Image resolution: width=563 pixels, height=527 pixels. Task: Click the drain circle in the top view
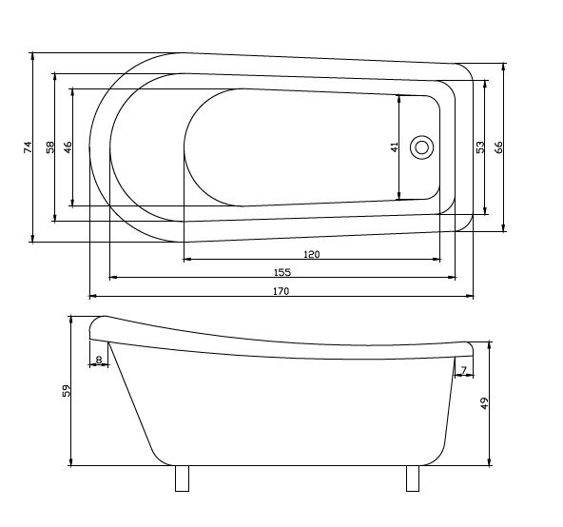[x=422, y=147]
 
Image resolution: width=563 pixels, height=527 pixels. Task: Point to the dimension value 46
[x=67, y=147]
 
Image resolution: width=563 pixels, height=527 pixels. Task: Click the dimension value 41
[x=393, y=147]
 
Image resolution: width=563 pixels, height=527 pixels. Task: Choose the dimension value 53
[x=480, y=147]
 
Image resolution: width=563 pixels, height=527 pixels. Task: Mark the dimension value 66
[x=498, y=147]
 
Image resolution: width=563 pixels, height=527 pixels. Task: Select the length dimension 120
[x=311, y=254]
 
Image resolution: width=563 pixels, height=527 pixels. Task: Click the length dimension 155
[x=281, y=272]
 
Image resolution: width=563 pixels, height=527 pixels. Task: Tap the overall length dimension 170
[x=281, y=291]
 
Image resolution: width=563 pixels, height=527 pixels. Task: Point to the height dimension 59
[x=66, y=391]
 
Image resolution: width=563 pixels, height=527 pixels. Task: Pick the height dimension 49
[x=483, y=403]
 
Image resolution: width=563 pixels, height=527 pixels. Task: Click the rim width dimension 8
[x=98, y=360]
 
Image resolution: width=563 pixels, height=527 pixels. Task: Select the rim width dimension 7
[x=463, y=368]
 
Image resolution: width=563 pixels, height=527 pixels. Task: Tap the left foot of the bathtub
[x=183, y=478]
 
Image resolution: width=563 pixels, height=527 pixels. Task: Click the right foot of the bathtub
[x=413, y=478]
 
